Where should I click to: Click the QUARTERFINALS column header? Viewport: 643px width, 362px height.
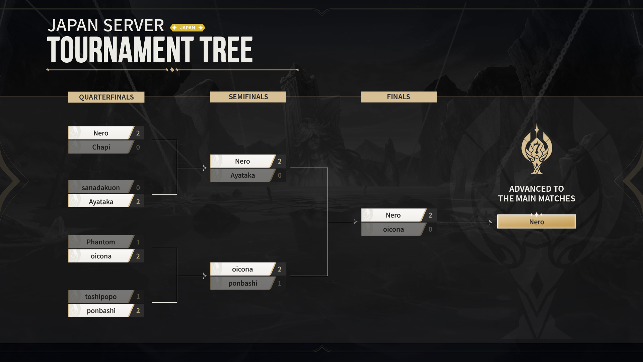click(106, 97)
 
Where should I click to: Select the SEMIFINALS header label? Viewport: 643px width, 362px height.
click(248, 97)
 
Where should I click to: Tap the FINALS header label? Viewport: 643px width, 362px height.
click(399, 97)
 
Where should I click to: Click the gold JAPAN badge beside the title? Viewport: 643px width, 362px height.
click(188, 27)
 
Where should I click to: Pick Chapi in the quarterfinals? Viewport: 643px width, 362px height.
click(101, 147)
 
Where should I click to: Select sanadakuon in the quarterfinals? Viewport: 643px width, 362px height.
click(101, 188)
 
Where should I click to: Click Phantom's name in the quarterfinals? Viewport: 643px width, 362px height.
click(101, 242)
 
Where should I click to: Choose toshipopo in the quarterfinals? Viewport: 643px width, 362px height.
click(101, 297)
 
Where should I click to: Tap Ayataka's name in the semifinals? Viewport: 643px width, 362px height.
click(243, 175)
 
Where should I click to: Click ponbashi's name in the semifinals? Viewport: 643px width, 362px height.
click(243, 283)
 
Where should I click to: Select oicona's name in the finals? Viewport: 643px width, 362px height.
click(394, 229)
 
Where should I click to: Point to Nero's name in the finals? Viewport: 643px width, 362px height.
click(393, 215)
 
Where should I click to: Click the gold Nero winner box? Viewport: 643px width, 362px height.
click(537, 222)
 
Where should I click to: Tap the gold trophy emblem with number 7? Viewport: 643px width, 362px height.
click(537, 149)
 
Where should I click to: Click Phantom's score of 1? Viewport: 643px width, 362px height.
click(138, 242)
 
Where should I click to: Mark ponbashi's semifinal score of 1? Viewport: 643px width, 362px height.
click(280, 283)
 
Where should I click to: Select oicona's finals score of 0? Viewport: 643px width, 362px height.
click(430, 229)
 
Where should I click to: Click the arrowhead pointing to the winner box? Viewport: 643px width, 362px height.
click(491, 222)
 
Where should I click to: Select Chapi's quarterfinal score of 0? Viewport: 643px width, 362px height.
click(138, 147)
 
